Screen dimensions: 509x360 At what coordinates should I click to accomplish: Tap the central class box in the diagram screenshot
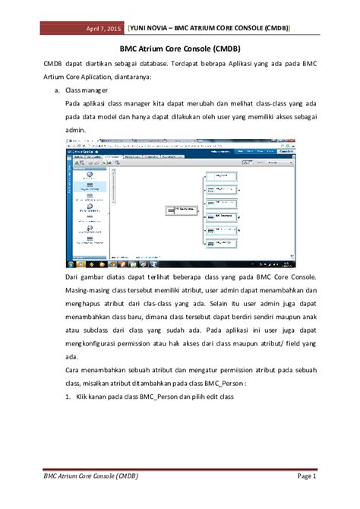[181, 210]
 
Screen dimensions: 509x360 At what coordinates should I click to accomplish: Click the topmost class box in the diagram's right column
[221, 175]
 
